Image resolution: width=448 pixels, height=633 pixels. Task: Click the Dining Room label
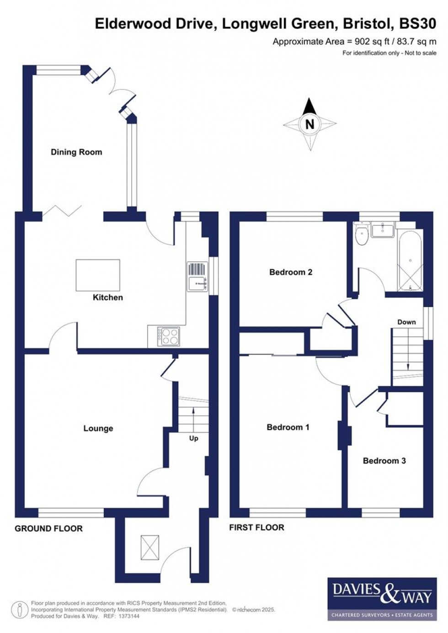click(76, 152)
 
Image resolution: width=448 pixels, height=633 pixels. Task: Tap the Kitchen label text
click(108, 298)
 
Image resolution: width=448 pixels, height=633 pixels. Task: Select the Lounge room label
click(98, 428)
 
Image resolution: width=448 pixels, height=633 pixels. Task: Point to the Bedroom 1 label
click(288, 427)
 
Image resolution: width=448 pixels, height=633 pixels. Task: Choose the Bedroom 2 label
click(291, 272)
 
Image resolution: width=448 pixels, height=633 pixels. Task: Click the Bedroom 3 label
click(384, 461)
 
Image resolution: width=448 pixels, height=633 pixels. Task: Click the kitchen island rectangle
click(98, 275)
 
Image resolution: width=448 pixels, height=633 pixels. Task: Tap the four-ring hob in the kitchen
click(169, 337)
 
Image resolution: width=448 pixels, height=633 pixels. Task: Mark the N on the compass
click(310, 124)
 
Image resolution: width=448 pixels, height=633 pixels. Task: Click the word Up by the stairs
click(193, 438)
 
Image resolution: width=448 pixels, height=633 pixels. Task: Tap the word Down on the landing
click(406, 322)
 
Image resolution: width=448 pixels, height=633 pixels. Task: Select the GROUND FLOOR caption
click(49, 529)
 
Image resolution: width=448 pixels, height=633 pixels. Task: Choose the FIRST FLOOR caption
click(256, 527)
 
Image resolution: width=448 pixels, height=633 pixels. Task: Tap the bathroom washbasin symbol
click(383, 230)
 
